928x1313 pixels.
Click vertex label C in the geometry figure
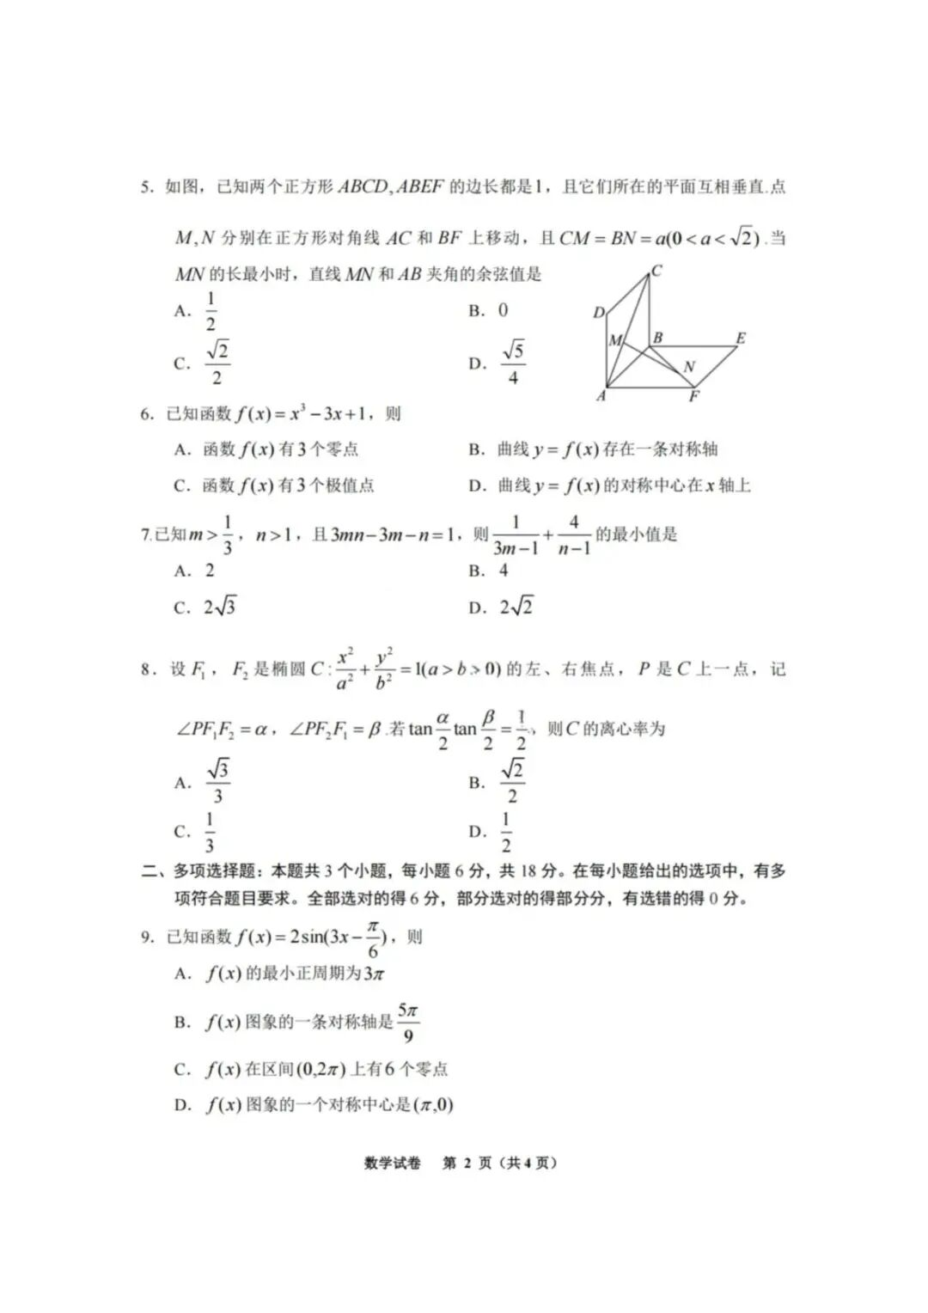(656, 272)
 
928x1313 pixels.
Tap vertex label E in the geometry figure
(741, 339)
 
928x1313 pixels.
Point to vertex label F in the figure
(694, 397)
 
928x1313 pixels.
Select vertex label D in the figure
(599, 313)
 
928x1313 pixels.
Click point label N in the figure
(689, 367)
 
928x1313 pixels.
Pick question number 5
(147, 186)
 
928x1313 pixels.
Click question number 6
(147, 414)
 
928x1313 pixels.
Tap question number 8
(147, 669)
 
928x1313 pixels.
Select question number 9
(147, 937)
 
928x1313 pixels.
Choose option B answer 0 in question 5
(503, 310)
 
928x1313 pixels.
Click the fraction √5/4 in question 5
(513, 363)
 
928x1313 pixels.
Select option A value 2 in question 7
(210, 571)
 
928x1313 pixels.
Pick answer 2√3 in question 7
(220, 608)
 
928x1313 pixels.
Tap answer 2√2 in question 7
(516, 608)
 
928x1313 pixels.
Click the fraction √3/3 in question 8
(218, 782)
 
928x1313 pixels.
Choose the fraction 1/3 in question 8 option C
(210, 832)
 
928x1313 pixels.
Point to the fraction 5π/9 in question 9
(408, 1023)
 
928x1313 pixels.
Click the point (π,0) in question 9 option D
(434, 1105)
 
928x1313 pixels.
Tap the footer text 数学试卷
(393, 1163)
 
